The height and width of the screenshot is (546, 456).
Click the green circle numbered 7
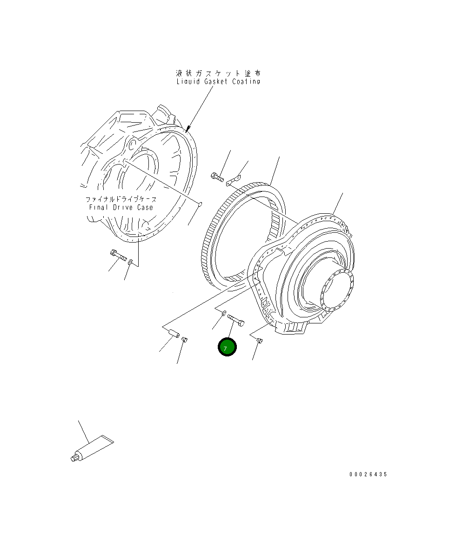pyautogui.click(x=227, y=347)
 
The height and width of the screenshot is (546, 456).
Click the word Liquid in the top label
pyautogui.click(x=188, y=81)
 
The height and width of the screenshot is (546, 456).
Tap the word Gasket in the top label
pyautogui.click(x=216, y=81)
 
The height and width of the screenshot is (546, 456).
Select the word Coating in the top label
pyautogui.click(x=247, y=81)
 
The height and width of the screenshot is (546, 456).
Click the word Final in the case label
pyautogui.click(x=98, y=208)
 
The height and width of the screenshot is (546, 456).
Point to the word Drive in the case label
pyautogui.click(x=123, y=208)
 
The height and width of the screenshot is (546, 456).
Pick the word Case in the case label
pyautogui.click(x=145, y=208)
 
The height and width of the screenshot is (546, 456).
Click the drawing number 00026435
pyautogui.click(x=369, y=474)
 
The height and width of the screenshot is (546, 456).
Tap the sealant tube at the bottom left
pyautogui.click(x=92, y=449)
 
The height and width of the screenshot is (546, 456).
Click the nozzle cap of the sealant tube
pyautogui.click(x=74, y=458)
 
